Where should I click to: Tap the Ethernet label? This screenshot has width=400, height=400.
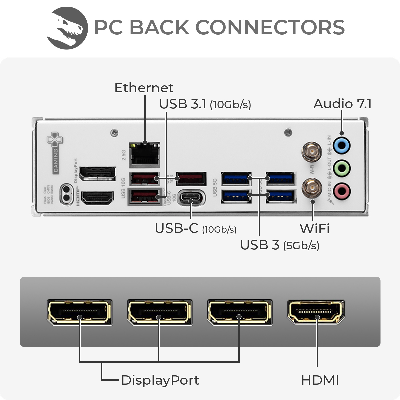pos(144,88)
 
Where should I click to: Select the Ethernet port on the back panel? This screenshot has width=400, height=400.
pos(145,154)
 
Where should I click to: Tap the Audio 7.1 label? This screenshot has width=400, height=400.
pos(342,104)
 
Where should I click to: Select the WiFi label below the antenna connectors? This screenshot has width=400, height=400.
pos(314,229)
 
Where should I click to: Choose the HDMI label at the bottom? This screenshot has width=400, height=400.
pos(320,380)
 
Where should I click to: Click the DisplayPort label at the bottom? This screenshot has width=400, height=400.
pos(160,380)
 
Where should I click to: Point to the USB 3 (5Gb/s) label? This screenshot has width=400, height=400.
pos(280,245)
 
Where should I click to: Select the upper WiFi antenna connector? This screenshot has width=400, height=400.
pos(312,152)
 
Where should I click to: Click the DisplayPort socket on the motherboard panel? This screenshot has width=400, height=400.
pos(98,174)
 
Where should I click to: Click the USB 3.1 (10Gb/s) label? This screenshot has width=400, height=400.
pos(205,104)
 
